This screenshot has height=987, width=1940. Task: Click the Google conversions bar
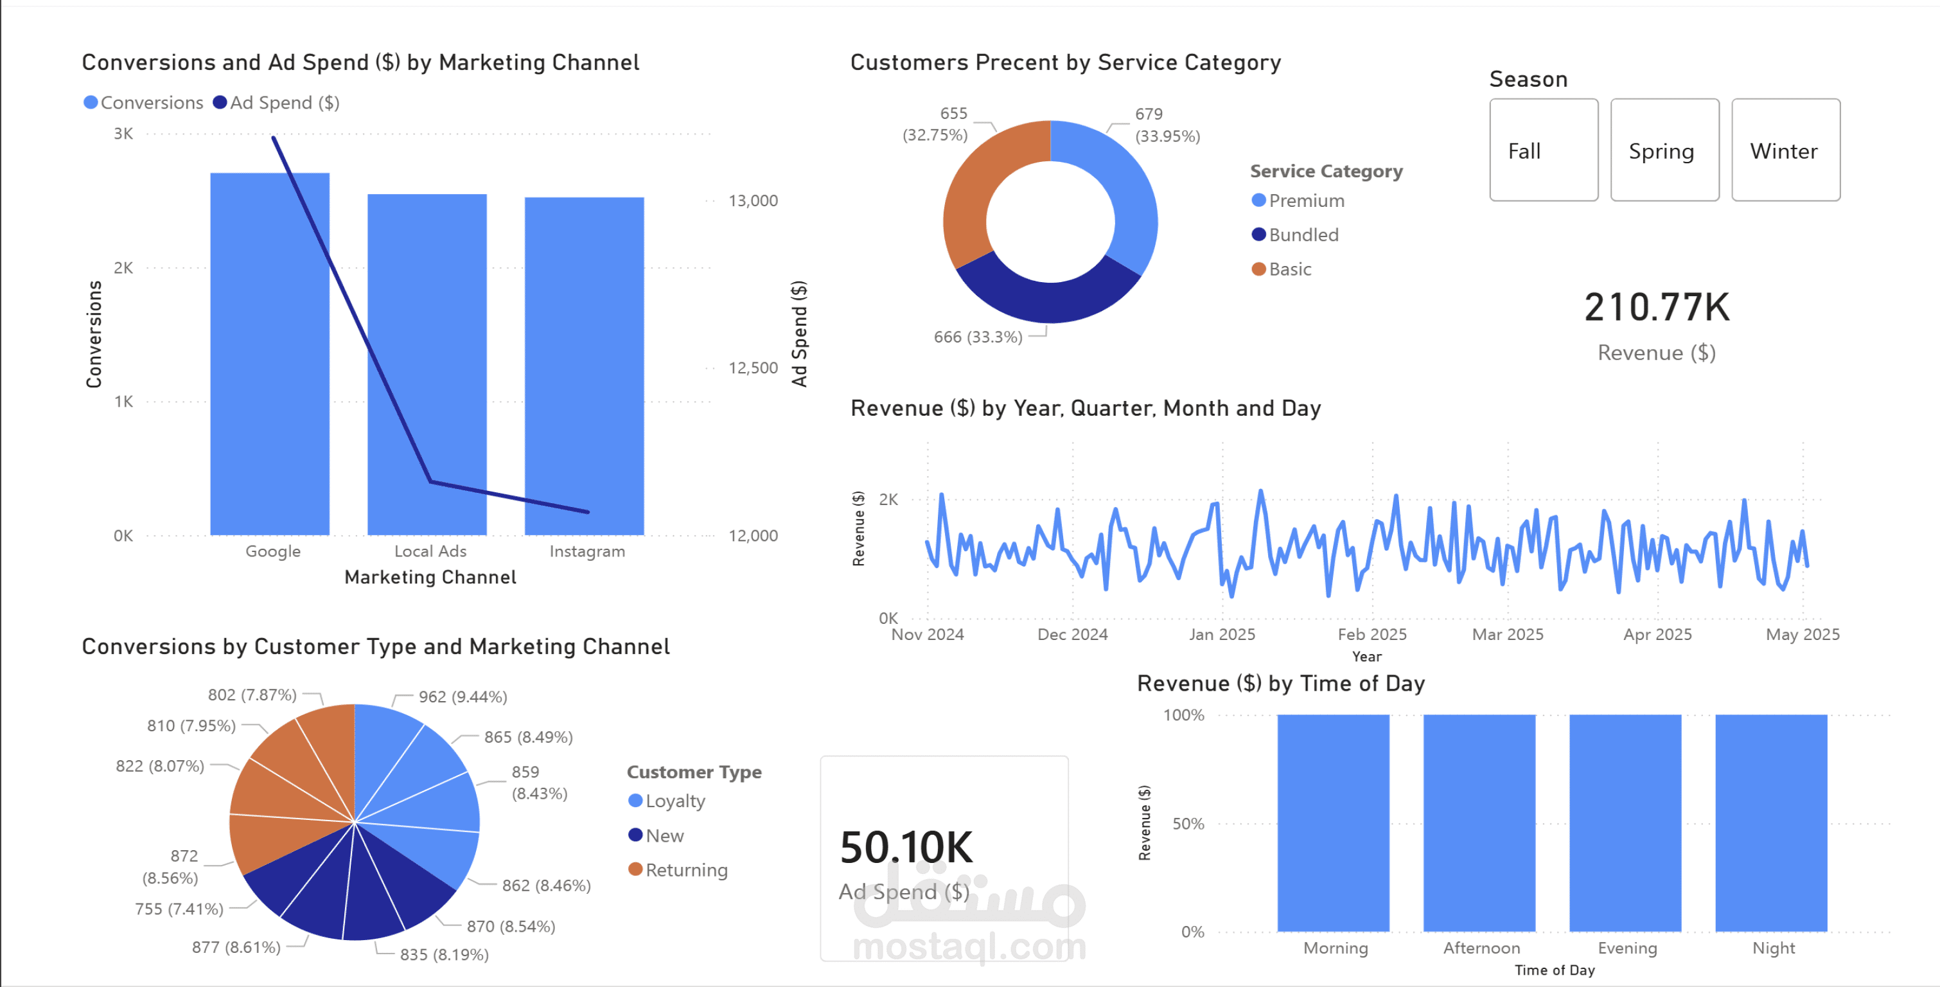click(x=269, y=354)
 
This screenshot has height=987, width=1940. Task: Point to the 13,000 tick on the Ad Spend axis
click(x=752, y=200)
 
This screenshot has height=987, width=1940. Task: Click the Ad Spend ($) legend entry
click(x=276, y=102)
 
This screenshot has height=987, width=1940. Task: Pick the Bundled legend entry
click(x=1302, y=235)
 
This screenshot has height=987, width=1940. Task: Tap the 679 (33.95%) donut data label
click(x=1166, y=125)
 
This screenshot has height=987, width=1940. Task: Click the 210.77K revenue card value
click(x=1656, y=307)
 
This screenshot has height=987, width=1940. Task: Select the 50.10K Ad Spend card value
click(x=906, y=848)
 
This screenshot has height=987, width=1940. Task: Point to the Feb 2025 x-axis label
click(x=1371, y=634)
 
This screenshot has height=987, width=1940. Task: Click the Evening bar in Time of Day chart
click(x=1625, y=822)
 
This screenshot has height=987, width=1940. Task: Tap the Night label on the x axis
click(x=1773, y=948)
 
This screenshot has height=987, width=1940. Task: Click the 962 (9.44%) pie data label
click(x=463, y=697)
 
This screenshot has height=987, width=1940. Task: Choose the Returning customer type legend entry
click(x=685, y=869)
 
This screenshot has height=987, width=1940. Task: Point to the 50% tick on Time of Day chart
click(x=1188, y=824)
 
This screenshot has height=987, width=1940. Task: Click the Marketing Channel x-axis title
click(x=430, y=577)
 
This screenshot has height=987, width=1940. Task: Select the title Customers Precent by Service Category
click(x=1065, y=62)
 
